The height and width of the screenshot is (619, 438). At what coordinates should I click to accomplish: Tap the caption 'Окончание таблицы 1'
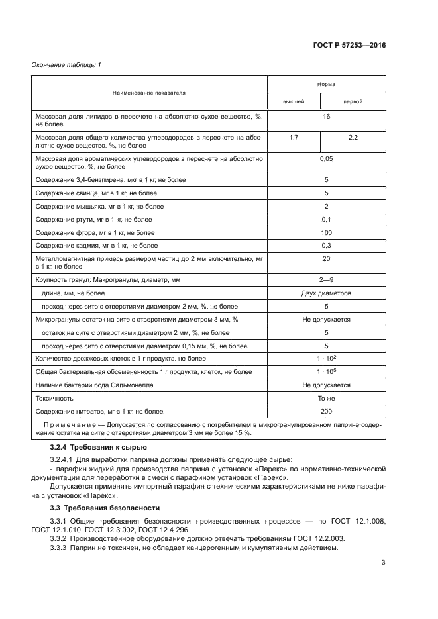(66, 64)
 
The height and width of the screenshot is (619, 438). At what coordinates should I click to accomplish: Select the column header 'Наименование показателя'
(148, 93)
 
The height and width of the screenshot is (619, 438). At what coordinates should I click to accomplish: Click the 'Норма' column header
(326, 85)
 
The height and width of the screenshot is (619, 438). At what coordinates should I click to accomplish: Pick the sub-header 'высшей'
(294, 102)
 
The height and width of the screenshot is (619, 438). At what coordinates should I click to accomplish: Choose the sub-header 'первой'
(353, 102)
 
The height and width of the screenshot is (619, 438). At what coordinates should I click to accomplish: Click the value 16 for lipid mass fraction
(326, 116)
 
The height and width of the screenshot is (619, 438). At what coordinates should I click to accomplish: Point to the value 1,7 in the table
(294, 137)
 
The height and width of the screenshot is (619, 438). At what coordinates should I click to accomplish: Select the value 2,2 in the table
(353, 137)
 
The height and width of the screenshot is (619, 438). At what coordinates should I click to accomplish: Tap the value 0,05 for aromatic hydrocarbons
(326, 158)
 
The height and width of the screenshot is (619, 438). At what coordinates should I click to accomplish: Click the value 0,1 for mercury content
(326, 219)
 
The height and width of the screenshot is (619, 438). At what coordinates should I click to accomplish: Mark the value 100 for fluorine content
(326, 232)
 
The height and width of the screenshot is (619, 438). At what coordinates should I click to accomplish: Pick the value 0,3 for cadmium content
(326, 246)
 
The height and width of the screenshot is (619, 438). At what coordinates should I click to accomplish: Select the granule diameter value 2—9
(326, 280)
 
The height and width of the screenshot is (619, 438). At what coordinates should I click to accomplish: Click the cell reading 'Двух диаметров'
(326, 293)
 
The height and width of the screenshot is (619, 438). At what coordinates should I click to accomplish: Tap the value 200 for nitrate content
(326, 412)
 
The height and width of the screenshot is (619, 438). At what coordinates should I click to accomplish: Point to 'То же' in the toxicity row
(326, 399)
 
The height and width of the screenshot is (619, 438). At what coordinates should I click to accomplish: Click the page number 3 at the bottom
(383, 563)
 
